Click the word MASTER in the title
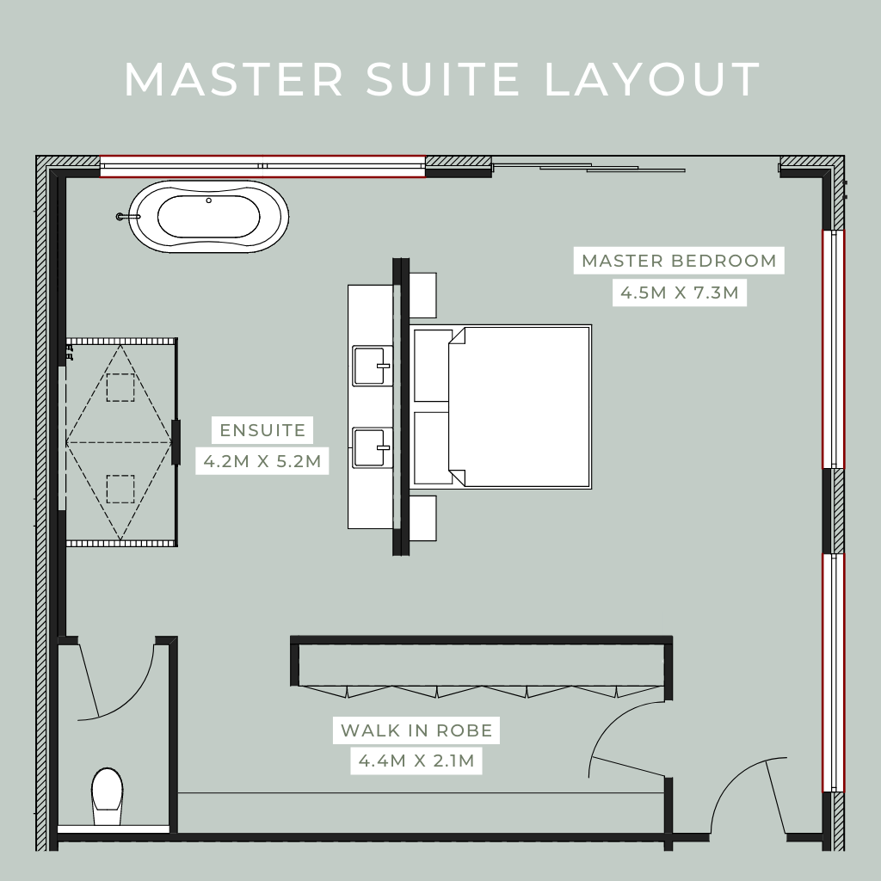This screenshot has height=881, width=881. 234,79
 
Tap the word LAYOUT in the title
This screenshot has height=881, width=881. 652,79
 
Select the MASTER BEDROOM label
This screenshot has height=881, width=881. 679,261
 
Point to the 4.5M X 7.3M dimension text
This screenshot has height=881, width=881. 679,293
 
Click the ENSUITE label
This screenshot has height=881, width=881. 262,430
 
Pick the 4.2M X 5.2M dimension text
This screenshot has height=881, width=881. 262,461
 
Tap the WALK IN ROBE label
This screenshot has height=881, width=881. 416,730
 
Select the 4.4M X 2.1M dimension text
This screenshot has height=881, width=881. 416,761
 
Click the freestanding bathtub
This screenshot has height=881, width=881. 208,217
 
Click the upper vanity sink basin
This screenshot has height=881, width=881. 372,366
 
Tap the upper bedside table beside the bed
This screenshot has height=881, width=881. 422,295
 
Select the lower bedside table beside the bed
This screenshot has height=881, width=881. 422,518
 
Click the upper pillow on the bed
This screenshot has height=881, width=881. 431,366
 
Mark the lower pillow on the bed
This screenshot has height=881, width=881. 431,447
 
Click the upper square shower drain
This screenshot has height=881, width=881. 120,388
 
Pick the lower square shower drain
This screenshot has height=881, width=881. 120,489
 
